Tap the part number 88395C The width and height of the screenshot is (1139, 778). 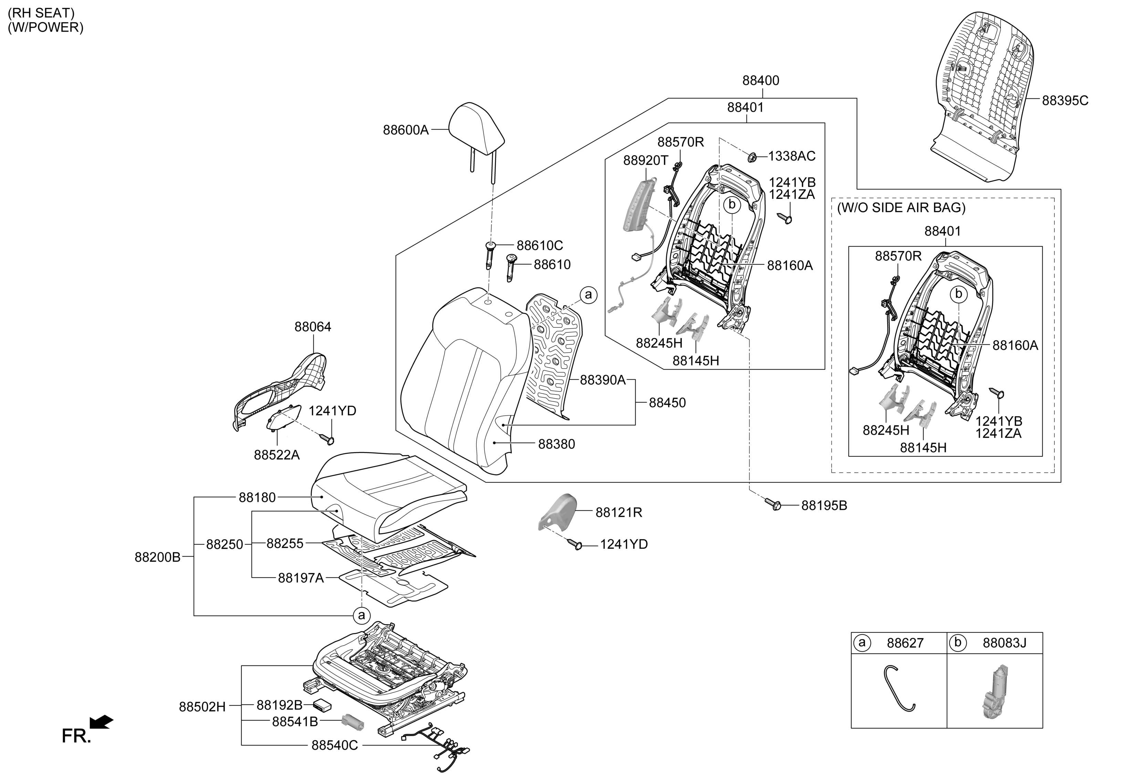pos(1065,101)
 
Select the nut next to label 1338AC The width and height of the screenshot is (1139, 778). pos(751,157)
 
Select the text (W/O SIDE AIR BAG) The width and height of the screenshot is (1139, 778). pos(901,208)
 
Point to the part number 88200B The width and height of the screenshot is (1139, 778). pos(157,557)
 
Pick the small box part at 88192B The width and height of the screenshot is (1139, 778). pos(322,705)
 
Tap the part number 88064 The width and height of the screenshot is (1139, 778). pos(313,327)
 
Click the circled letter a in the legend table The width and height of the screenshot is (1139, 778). pos(861,642)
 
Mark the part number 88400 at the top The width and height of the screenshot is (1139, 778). pos(760,80)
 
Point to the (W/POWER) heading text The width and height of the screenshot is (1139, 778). pos(45,28)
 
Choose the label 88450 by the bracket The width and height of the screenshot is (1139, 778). pos(667,403)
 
